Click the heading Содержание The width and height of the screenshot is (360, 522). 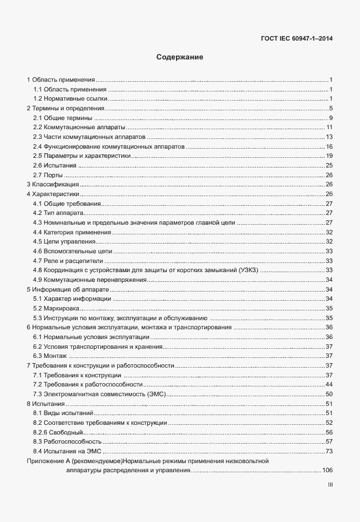point(180,58)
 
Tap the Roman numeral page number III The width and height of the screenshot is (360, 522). point(330,485)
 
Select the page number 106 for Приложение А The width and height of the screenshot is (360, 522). point(327,470)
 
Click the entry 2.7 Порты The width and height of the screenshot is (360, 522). point(47,175)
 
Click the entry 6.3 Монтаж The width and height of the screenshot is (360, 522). point(50,356)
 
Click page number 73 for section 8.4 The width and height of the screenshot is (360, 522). point(329,451)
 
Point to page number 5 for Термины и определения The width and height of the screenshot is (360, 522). point(331,108)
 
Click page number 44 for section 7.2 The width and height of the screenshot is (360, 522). point(329,385)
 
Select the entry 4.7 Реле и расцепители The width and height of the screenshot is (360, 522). point(63,261)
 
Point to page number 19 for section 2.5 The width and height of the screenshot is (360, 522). point(329,156)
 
